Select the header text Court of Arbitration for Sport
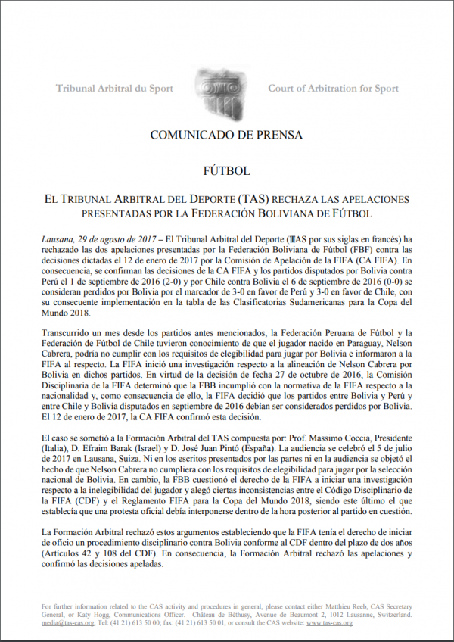point(333,89)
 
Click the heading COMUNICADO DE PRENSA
point(226,135)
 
